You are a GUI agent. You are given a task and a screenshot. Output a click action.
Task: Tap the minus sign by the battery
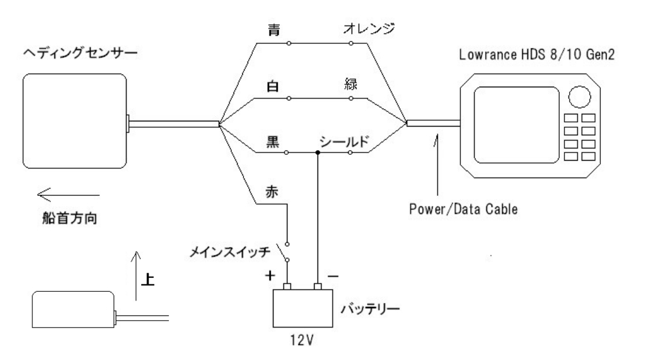(x=333, y=277)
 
